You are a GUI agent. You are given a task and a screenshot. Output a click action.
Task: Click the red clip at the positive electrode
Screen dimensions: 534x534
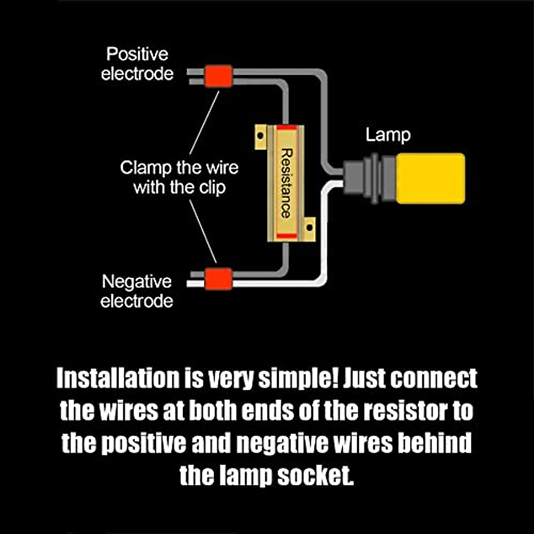(218, 76)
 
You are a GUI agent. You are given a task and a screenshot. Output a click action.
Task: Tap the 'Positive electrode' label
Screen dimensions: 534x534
(137, 64)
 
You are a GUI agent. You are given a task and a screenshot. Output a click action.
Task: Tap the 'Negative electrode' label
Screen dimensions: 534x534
(137, 291)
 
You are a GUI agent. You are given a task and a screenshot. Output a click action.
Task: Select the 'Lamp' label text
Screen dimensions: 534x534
(388, 135)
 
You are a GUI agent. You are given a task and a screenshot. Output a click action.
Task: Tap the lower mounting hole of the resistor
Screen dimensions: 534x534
(310, 228)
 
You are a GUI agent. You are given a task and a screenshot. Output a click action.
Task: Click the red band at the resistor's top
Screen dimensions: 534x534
(286, 128)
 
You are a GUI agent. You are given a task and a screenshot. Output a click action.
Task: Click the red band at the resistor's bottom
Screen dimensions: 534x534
(286, 235)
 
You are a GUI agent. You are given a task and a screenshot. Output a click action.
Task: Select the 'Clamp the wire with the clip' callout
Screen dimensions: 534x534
(179, 177)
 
